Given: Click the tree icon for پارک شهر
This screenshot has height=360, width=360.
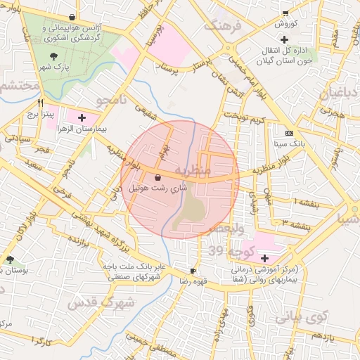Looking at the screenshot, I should pos(54,57).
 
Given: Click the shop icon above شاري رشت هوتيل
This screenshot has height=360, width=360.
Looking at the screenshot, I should pos(156,177).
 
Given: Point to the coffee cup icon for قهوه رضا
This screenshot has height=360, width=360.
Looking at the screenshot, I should pos(193,271).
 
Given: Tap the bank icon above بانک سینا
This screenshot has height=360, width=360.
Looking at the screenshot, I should pos(289,132).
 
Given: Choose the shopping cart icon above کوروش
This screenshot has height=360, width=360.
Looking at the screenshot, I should pos(285,13).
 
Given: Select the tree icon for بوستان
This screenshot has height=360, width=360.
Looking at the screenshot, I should pos(9,259).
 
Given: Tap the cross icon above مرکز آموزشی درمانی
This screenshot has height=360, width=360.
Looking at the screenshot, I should pos(264,258).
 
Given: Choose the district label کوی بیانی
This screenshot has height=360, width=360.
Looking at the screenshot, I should pos(301,317).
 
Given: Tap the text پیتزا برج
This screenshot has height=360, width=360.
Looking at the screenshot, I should pos(31,113).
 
